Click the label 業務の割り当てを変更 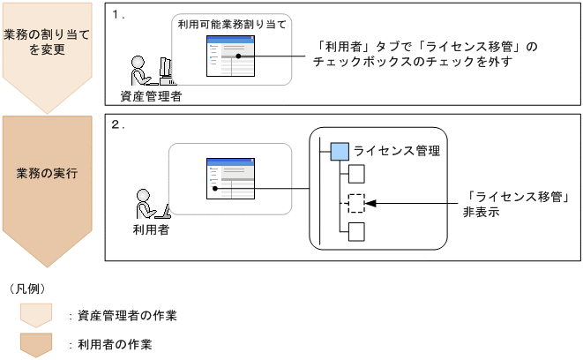[46, 41]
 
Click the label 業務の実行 [46, 173]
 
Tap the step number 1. [120, 15]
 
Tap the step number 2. [120, 124]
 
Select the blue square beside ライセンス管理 [339, 151]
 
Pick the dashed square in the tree [355, 203]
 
